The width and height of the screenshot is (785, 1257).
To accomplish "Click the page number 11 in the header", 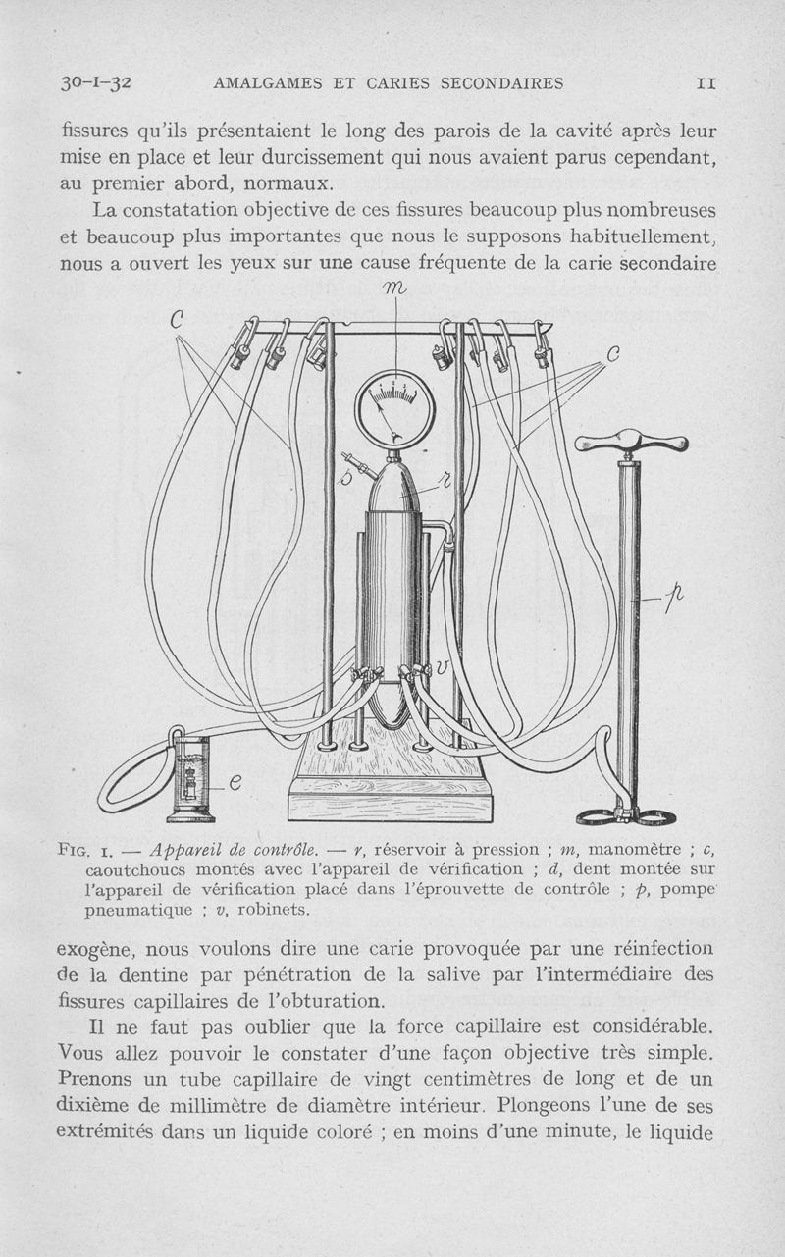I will (706, 83).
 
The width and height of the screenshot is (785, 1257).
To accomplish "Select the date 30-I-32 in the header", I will (96, 83).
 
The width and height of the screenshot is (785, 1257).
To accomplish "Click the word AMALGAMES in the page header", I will (269, 83).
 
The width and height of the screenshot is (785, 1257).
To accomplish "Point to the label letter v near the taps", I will (443, 666).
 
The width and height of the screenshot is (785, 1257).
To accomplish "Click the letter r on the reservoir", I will (442, 480).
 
